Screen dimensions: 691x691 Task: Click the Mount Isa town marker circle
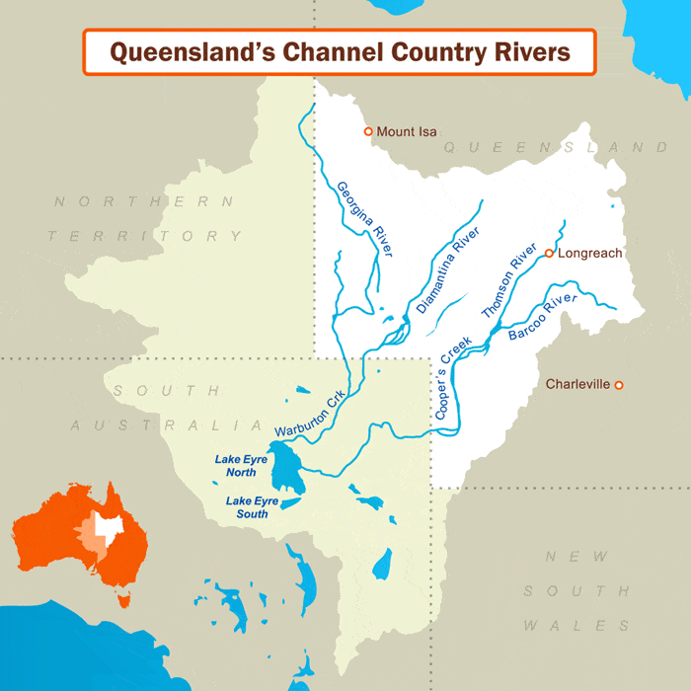coord(368,131)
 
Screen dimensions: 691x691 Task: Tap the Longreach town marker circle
coord(549,254)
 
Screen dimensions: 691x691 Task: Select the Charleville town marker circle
coord(619,385)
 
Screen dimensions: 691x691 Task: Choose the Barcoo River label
coord(542,319)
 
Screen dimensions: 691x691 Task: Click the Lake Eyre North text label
coord(241,465)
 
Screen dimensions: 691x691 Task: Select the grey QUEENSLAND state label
coord(556,147)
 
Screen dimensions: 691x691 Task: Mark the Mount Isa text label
coord(407,131)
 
